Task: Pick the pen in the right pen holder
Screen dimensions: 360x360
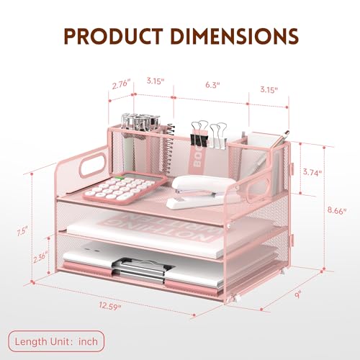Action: point(271,145)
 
